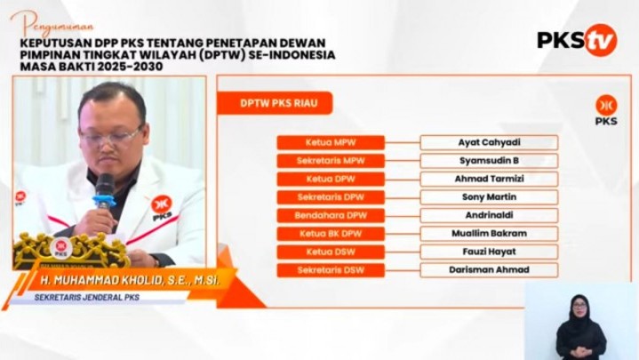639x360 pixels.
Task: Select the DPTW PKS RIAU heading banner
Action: (x=274, y=103)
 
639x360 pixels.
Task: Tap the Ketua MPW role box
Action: (x=330, y=142)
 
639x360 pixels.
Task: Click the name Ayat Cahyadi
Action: (x=489, y=142)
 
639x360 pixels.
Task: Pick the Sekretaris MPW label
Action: (x=330, y=161)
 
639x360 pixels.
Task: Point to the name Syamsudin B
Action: (x=489, y=161)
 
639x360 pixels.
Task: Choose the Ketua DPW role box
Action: (x=330, y=179)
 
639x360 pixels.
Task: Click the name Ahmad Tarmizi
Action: (x=489, y=179)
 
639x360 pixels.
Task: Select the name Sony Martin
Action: (x=489, y=197)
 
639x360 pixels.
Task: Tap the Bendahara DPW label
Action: (x=330, y=215)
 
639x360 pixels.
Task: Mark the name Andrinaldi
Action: (x=489, y=215)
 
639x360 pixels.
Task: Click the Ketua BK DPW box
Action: (x=330, y=234)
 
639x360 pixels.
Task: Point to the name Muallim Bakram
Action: (x=489, y=234)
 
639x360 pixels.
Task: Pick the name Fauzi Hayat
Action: (x=489, y=252)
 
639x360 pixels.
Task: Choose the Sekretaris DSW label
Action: (x=330, y=270)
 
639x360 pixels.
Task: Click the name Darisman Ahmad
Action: (x=489, y=270)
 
